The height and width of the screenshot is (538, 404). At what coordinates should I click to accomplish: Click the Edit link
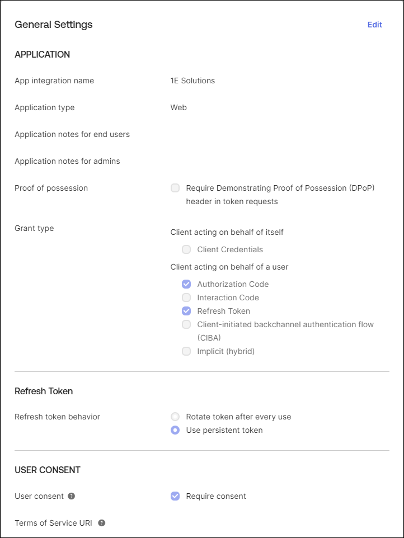pos(374,25)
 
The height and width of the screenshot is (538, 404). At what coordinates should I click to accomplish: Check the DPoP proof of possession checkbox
pos(175,188)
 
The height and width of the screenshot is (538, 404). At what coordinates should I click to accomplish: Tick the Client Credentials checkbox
pos(186,249)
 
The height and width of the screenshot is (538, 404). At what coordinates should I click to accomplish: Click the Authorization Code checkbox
pos(186,284)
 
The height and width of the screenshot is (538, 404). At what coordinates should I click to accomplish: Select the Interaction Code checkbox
pos(186,298)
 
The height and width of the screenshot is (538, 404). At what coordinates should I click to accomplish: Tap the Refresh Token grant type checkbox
pos(186,311)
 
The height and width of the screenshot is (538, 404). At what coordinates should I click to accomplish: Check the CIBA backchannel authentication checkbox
pos(186,324)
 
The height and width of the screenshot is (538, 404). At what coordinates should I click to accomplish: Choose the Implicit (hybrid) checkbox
pos(186,351)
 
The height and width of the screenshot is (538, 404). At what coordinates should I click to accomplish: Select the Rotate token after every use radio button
pos(175,417)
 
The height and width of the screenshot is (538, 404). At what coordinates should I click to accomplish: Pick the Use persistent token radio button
pos(175,430)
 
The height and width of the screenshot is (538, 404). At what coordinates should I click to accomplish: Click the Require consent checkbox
pos(175,496)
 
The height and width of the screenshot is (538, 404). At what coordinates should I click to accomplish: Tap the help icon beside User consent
pos(71,496)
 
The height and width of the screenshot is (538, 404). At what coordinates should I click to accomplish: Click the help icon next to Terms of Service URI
pos(101,523)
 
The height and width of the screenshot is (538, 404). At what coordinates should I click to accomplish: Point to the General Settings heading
pos(54,25)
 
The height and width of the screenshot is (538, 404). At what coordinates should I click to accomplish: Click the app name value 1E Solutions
pos(192,81)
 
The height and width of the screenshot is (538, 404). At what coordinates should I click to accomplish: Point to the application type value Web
pos(178,107)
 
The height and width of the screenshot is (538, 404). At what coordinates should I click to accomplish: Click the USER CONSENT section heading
pos(48,470)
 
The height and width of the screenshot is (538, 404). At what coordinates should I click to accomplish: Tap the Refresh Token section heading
pos(44,391)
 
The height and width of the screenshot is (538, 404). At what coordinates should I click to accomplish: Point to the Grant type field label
pos(34,228)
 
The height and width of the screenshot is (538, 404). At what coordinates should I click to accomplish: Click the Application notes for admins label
pos(67,161)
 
